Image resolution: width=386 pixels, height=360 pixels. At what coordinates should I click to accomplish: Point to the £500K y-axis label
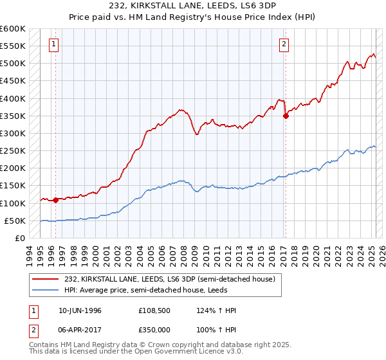[x=12, y=64]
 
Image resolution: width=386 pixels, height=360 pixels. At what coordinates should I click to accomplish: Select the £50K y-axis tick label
[x=15, y=221]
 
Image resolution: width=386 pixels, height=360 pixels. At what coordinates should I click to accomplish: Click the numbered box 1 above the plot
[x=53, y=44]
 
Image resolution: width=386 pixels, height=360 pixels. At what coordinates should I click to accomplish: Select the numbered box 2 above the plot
[x=284, y=44]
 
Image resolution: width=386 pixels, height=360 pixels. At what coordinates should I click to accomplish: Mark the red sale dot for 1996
[x=56, y=200]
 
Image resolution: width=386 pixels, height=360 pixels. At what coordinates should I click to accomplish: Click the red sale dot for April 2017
[x=286, y=116]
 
